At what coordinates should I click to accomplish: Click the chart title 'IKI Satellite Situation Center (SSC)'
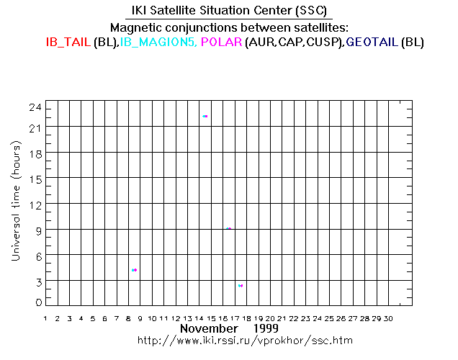[228, 10]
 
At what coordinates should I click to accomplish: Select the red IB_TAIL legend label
[68, 42]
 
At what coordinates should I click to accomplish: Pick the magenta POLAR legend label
[222, 42]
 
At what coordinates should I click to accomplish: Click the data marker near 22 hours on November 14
[205, 116]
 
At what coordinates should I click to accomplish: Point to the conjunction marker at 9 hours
[228, 228]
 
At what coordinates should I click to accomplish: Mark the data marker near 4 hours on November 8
[134, 270]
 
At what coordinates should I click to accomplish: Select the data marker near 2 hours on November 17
[241, 286]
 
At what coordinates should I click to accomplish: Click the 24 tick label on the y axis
[34, 107]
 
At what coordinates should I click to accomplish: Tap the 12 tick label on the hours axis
[34, 204]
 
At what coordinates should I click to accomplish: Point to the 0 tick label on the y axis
[37, 303]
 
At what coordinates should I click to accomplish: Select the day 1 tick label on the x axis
[46, 318]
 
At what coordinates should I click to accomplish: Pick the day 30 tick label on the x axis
[388, 318]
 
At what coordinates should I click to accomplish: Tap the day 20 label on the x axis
[270, 318]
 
